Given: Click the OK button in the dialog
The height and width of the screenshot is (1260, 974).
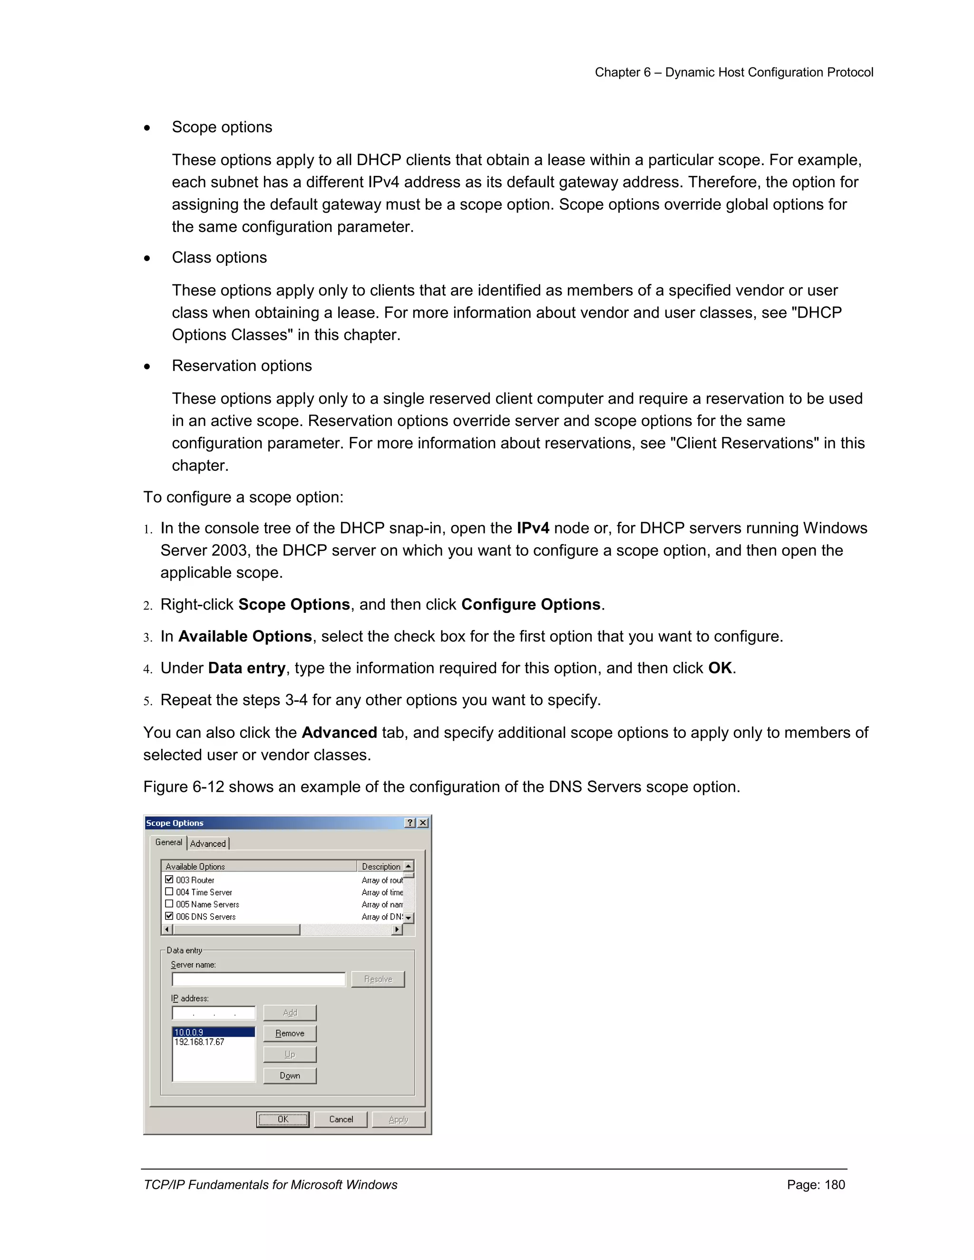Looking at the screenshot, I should click(x=283, y=1119).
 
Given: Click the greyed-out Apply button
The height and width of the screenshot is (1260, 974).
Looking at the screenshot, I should click(x=398, y=1119).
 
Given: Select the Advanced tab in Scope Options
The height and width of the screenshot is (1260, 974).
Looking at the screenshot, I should click(x=208, y=843).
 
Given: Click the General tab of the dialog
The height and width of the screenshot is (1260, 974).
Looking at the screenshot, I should click(x=168, y=843).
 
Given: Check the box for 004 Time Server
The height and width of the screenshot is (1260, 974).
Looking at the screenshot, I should click(x=169, y=892).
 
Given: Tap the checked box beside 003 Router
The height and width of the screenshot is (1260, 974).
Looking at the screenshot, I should click(x=169, y=880).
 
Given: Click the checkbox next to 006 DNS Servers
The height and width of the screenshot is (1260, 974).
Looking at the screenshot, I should click(x=169, y=916).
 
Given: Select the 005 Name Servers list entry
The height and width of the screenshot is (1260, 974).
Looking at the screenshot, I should click(x=207, y=904).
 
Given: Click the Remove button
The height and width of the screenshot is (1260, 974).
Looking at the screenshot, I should click(x=290, y=1033).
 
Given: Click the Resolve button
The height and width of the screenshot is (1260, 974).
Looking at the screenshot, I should click(x=378, y=979).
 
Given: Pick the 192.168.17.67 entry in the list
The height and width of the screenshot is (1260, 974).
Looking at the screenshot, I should click(x=200, y=1042).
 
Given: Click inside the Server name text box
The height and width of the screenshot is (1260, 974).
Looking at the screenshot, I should click(x=258, y=979).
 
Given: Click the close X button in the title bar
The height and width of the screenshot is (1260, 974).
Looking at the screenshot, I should click(x=423, y=823).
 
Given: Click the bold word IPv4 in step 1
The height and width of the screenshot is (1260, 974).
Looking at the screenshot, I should click(x=533, y=528).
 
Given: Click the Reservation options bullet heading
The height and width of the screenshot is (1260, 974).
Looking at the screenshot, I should click(x=242, y=366).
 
